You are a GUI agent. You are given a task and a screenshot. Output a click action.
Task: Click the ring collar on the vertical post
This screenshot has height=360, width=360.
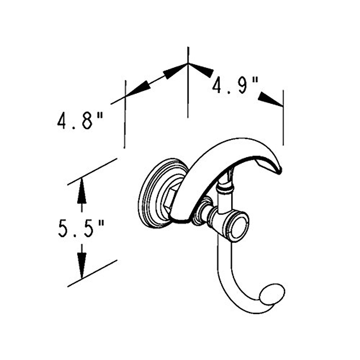(225, 189)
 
